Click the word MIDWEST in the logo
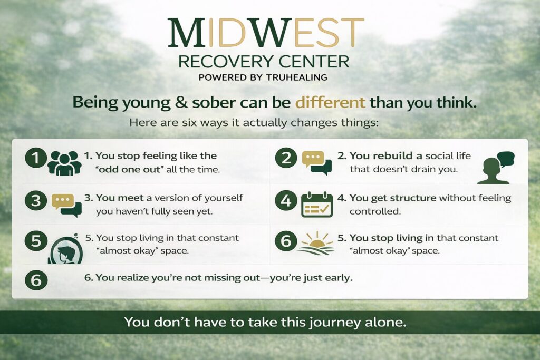pyautogui.click(x=265, y=33)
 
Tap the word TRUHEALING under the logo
pyautogui.click(x=299, y=77)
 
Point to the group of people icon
pyautogui.click(x=64, y=162)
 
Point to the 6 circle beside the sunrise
pyautogui.click(x=286, y=241)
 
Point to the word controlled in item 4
pyautogui.click(x=375, y=211)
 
